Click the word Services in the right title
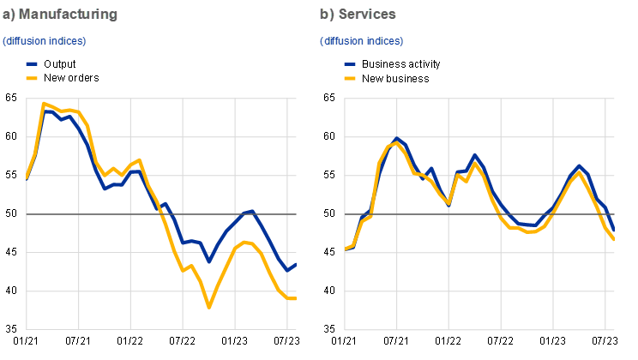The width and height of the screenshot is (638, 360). tap(367, 15)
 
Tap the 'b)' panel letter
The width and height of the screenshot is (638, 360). tap(327, 15)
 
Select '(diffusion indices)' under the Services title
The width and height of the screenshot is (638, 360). tap(362, 40)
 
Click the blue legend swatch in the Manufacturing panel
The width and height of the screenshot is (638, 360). tap(32, 64)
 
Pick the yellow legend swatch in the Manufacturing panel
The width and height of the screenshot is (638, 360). tap(32, 78)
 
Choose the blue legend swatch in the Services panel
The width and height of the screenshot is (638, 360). tap(350, 64)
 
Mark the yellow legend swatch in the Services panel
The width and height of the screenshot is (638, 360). tap(350, 78)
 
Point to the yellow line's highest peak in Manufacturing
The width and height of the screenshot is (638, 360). tap(43, 104)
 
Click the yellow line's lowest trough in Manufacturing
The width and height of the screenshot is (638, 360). tap(208, 306)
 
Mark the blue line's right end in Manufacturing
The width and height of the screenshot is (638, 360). tap(297, 264)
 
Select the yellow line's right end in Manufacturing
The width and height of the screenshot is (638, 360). tap(297, 298)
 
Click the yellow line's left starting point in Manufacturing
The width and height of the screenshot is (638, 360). tap(27, 178)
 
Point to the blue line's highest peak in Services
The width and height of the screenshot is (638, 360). tap(397, 138)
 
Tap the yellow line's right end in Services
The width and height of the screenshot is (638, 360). tap(615, 239)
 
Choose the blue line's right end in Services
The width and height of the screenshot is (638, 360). tap(615, 230)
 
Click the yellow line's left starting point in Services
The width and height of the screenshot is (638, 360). tap(346, 249)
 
